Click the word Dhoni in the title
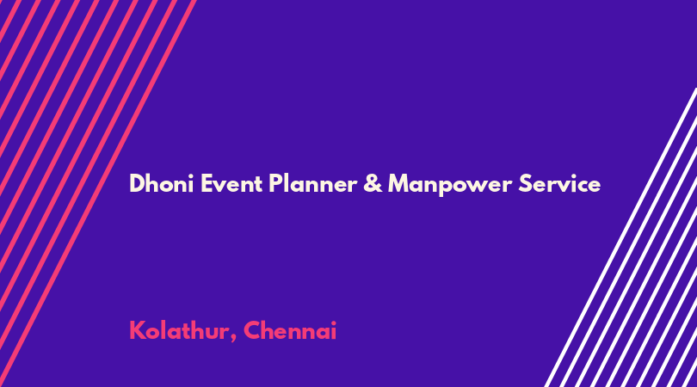coord(162,183)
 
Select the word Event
coord(231,183)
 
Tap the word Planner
coord(312,183)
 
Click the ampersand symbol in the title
coord(373,183)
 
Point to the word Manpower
coord(450,184)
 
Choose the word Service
coord(559,183)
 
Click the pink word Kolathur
coord(178,330)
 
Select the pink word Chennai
coord(290,330)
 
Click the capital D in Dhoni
coord(138,183)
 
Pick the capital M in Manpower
coord(399,183)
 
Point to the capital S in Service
coord(525,183)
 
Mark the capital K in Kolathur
coord(137,330)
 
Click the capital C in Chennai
coord(252,330)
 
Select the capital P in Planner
coord(275,183)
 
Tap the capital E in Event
coord(207,183)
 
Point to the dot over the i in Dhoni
coord(190,176)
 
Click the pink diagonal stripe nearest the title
coord(97,193)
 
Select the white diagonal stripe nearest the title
coord(621,237)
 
